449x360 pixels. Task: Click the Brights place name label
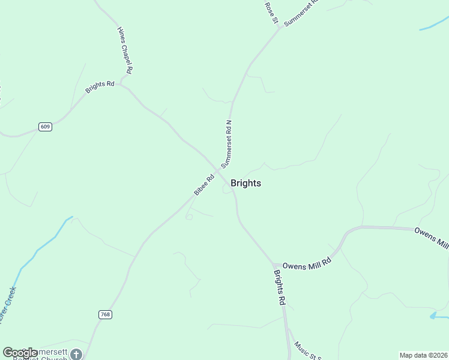[246, 184]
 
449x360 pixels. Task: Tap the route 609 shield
[45, 127]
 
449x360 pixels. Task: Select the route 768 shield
[105, 314]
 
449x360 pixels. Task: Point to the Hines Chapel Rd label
[125, 50]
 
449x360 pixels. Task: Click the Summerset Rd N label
[226, 143]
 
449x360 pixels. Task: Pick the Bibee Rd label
[204, 185]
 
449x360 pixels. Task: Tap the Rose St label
[271, 13]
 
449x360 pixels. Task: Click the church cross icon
[76, 354]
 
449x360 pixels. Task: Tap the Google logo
[20, 353]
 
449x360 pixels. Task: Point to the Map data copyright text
[423, 355]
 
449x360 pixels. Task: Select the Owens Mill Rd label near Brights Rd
[307, 263]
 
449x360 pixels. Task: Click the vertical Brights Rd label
[279, 288]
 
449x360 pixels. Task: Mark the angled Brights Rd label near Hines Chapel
[100, 87]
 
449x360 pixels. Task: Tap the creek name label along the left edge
[8, 306]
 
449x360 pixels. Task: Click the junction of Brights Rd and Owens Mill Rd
[274, 265]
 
